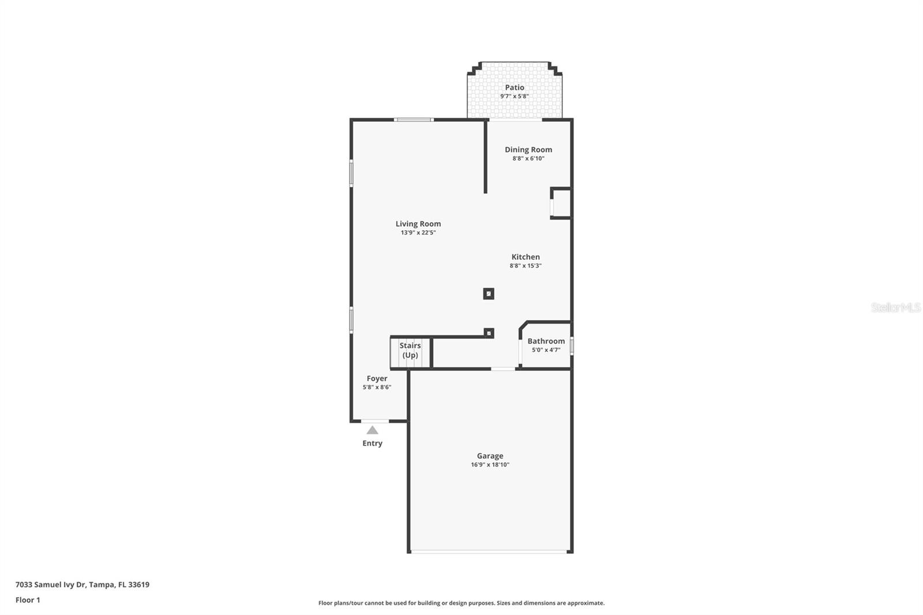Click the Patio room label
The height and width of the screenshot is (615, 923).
tap(515, 87)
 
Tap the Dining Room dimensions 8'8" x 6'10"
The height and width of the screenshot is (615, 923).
tap(528, 158)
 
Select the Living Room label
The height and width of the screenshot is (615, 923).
tap(418, 224)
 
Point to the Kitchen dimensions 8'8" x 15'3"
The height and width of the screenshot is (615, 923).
tap(526, 266)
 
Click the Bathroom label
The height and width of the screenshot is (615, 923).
tap(546, 341)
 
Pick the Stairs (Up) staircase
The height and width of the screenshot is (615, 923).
tap(410, 352)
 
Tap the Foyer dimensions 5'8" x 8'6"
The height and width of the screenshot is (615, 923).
tap(377, 387)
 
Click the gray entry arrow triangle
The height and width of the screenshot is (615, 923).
tap(373, 430)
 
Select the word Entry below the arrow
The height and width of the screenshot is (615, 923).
tap(373, 444)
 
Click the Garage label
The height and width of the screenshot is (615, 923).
tap(490, 456)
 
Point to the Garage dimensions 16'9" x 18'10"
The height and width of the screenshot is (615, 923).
tap(490, 464)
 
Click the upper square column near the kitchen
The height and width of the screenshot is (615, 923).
tap(489, 294)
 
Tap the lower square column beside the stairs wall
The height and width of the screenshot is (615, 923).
tap(489, 333)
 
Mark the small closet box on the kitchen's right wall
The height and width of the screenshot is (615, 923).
tap(561, 203)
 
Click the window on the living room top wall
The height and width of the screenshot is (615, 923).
tap(414, 120)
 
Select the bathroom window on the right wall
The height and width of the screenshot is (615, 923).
tap(572, 346)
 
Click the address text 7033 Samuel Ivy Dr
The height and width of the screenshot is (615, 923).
tap(51, 584)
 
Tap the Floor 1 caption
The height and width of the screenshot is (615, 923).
tap(28, 600)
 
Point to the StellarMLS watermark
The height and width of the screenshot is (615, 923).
tap(895, 307)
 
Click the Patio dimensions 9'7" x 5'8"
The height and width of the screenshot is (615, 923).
tap(515, 96)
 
